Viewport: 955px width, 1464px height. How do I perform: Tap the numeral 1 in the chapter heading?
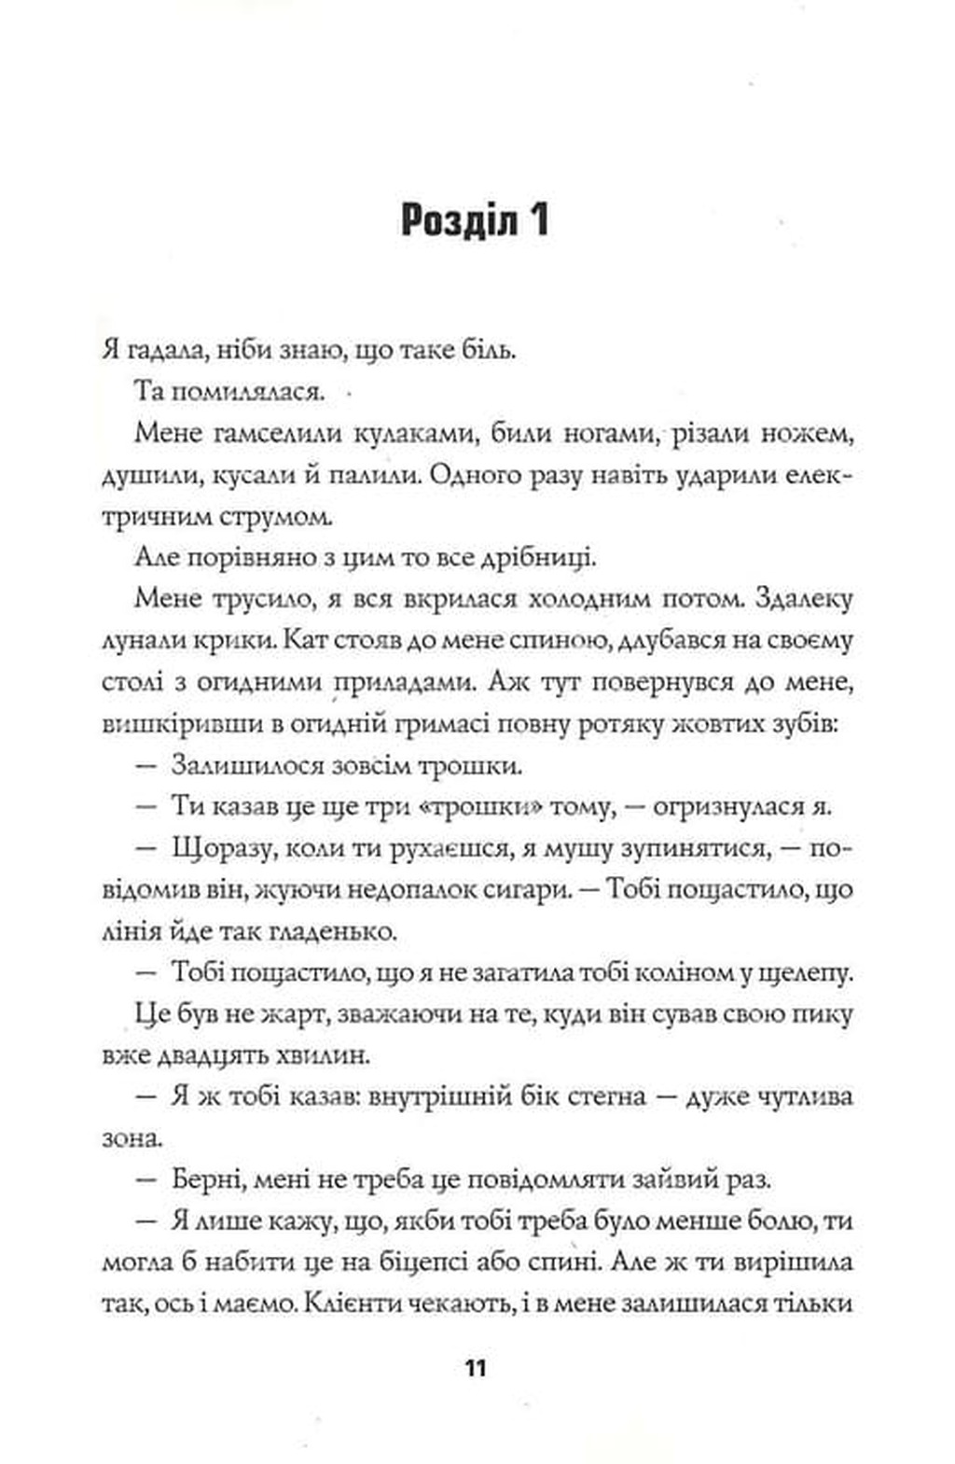coord(536,222)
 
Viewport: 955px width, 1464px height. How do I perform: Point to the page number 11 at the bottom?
coord(476,1370)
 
